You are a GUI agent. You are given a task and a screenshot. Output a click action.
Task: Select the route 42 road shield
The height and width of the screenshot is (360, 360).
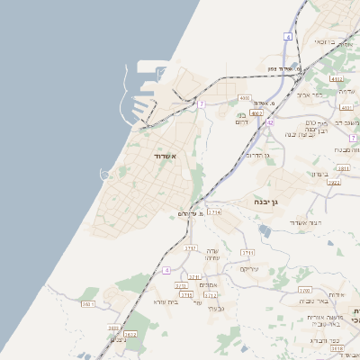click(270, 122)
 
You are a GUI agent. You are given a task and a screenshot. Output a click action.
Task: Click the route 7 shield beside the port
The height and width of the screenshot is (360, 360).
click(202, 104)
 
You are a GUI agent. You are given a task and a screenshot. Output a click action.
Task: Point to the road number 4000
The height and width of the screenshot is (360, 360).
click(244, 97)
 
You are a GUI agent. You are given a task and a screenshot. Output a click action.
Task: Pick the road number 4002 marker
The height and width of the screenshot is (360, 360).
click(256, 113)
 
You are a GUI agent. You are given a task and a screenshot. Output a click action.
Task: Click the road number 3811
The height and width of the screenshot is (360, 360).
click(343, 168)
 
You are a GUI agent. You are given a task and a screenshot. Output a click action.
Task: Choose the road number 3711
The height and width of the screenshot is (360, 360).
click(247, 253)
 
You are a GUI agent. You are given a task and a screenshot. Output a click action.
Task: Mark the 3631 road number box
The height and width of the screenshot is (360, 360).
click(88, 304)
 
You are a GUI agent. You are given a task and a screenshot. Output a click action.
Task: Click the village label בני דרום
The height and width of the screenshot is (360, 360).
click(241, 119)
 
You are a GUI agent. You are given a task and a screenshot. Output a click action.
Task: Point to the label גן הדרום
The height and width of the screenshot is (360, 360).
click(258, 155)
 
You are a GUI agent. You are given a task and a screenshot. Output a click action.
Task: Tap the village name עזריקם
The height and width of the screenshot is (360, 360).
click(249, 268)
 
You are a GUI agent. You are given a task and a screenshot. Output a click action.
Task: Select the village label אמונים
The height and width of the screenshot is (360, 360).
click(209, 285)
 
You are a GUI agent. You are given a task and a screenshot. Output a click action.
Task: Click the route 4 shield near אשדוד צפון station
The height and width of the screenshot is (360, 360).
click(288, 36)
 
